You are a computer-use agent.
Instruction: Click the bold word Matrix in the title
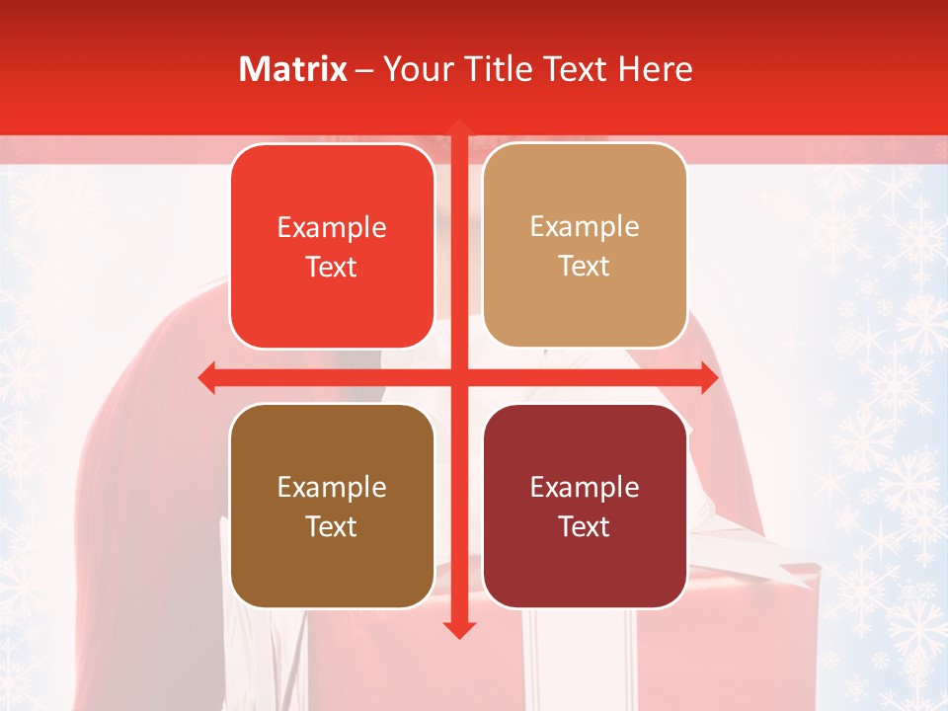pos(293,69)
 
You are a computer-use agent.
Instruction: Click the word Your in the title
pos(414,69)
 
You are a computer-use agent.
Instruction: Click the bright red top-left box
pos(332,246)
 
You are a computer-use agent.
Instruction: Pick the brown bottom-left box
pos(332,506)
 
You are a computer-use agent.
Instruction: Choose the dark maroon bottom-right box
pos(585,506)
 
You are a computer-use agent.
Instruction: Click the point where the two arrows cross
pos(458,377)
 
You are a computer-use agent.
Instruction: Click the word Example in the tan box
pos(585,226)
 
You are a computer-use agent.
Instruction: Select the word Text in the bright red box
pos(332,267)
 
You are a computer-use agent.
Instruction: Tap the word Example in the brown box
pos(332,487)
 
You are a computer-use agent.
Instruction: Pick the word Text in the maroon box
pos(585,526)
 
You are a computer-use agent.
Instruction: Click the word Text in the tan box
pos(585,266)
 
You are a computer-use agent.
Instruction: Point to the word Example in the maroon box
pos(585,487)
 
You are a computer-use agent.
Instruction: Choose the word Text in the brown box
pos(332,526)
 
